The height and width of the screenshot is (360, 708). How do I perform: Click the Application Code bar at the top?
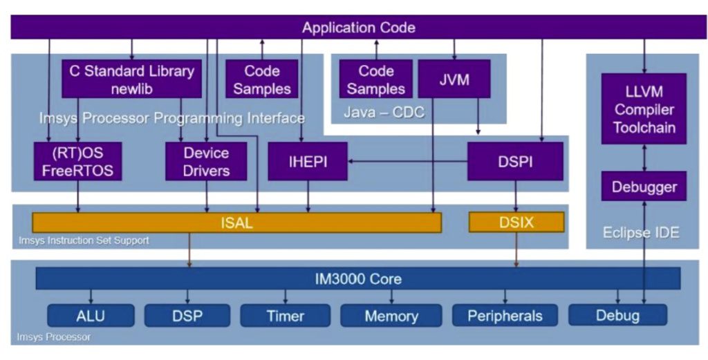coord(358,28)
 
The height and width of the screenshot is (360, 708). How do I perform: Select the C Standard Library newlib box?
coord(131,79)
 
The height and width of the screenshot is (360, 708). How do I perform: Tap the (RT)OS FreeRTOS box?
coord(77,161)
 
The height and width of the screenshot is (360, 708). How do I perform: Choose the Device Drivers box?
coord(206,161)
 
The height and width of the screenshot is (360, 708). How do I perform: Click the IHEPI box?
coord(308,162)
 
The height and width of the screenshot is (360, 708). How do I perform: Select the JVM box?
coord(454,79)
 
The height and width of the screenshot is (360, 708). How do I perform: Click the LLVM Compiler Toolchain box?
coord(644,109)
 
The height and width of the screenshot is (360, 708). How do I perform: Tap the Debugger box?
coord(644,187)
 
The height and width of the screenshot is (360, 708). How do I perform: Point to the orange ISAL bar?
coord(236,222)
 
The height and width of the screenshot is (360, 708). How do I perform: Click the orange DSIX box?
coord(516,222)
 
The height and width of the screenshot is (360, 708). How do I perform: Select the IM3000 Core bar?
coord(358,279)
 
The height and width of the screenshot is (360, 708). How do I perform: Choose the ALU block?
coord(90,316)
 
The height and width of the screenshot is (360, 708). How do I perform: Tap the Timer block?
coord(285,316)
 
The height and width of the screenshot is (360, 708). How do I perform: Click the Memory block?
coord(391,316)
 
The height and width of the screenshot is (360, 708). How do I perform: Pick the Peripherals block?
coord(504,316)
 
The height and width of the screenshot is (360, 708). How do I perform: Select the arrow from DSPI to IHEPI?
coord(408,162)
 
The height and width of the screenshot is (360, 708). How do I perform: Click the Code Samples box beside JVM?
coord(375,79)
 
